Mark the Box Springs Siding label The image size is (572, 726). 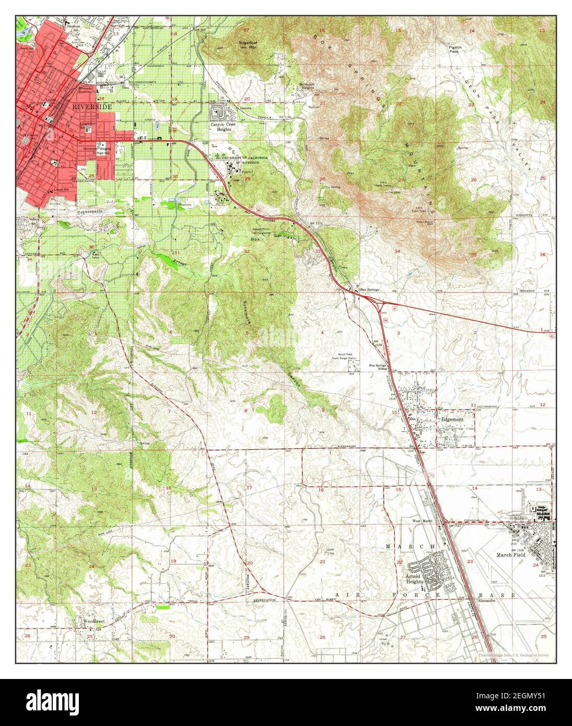[x=378, y=367]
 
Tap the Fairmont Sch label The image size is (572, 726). [x=73, y=24]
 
